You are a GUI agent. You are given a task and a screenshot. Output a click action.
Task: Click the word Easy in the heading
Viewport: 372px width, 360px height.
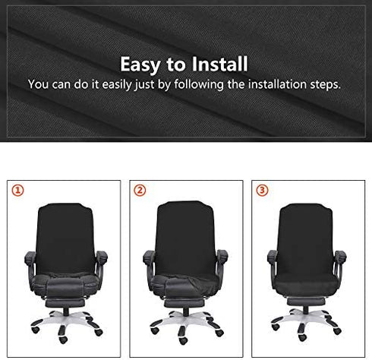pos(142,64)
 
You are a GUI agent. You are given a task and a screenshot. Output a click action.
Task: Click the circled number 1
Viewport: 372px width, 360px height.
pos(16,190)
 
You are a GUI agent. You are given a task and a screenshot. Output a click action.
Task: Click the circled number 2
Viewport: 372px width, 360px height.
pos(139,190)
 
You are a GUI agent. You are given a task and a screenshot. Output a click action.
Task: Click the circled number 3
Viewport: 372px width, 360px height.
pos(262,190)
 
